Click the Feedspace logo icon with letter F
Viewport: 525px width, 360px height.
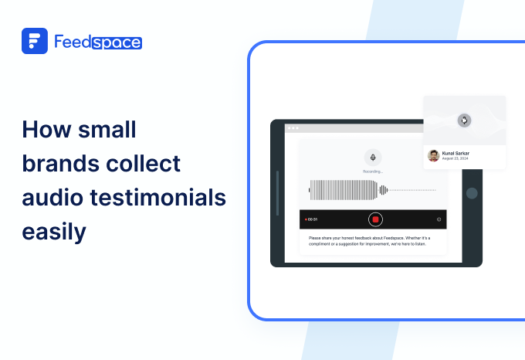click(34, 41)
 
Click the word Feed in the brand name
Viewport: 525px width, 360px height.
click(73, 42)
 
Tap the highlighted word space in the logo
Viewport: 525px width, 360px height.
click(116, 42)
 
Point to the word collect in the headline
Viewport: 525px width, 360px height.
click(147, 163)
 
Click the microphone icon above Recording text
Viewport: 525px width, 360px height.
click(373, 157)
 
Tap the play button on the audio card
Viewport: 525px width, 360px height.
click(463, 120)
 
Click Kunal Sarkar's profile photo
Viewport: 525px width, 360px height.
click(434, 155)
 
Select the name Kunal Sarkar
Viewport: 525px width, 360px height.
click(456, 153)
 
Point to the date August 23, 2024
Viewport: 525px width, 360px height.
click(456, 159)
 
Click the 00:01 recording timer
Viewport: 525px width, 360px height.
click(313, 219)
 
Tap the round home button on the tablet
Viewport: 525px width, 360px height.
click(472, 193)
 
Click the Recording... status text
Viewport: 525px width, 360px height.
click(373, 171)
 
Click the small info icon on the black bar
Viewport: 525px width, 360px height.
click(439, 219)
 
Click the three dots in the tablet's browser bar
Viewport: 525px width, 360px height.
click(293, 127)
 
